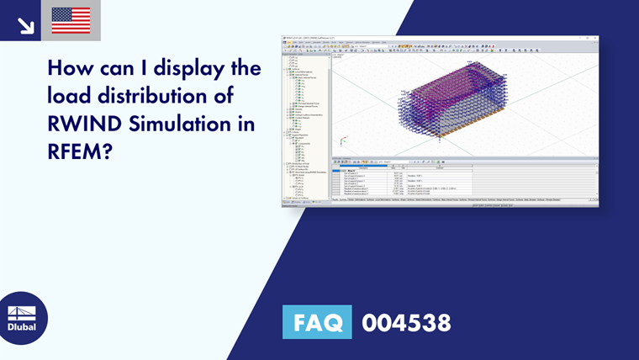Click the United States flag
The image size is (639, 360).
tap(71, 20)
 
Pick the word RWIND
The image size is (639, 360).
tap(83, 124)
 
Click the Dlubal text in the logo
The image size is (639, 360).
tap(21, 326)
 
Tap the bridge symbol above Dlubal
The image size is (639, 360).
tap(21, 311)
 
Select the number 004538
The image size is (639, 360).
tap(406, 322)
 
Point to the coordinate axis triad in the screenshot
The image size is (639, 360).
tap(342, 142)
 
